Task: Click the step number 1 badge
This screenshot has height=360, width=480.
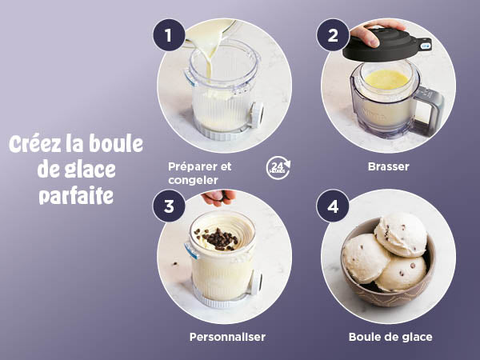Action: click(x=169, y=35)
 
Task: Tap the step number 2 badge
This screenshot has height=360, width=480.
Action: click(x=333, y=35)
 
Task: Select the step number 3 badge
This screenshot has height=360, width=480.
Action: click(x=169, y=206)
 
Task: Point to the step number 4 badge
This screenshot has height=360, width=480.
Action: click(x=333, y=206)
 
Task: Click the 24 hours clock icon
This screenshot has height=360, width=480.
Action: click(x=278, y=168)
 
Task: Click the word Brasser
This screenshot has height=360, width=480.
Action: click(x=389, y=166)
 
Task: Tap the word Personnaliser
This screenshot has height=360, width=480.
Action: click(x=227, y=337)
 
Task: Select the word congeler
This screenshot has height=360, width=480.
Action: click(x=193, y=180)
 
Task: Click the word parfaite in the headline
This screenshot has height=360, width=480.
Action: click(x=76, y=196)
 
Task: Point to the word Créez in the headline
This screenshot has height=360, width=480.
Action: click(x=35, y=144)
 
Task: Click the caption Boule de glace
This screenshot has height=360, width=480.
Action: click(x=390, y=337)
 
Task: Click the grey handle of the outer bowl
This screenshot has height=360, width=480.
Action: click(x=430, y=111)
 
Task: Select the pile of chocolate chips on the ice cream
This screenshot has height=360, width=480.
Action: click(x=218, y=238)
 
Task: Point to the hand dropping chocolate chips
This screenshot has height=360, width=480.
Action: click(x=218, y=197)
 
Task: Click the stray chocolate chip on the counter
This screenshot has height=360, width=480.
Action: click(x=175, y=263)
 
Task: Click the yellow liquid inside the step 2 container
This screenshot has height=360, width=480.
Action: click(x=386, y=79)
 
